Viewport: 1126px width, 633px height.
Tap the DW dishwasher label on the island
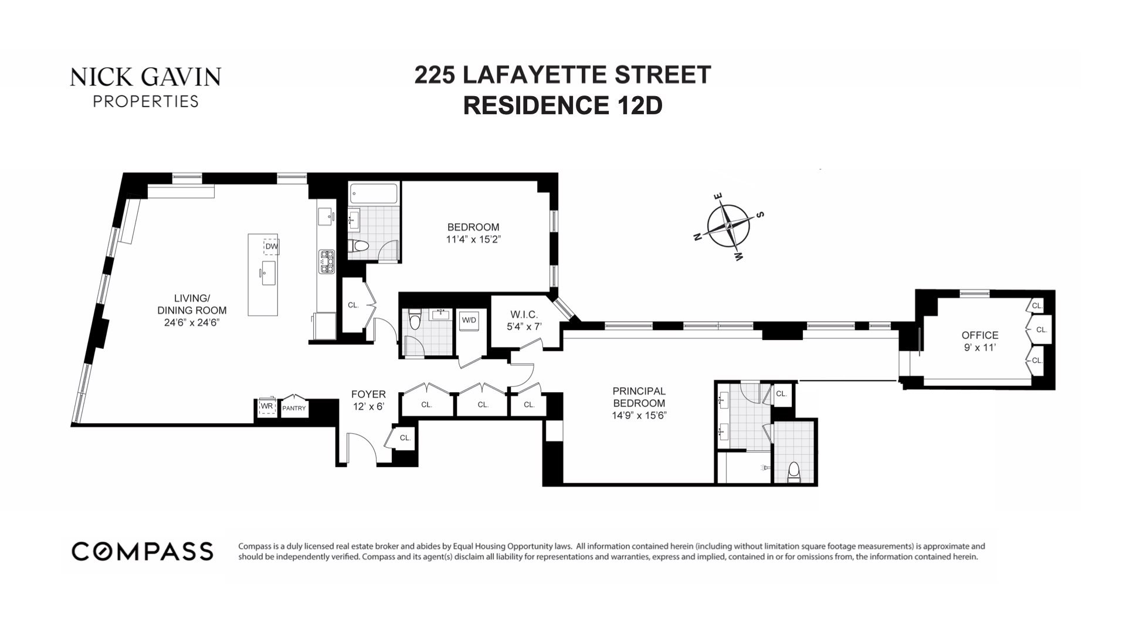coord(271,246)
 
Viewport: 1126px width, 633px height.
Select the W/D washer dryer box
coord(469,320)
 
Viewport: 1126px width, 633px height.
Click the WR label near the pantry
coord(267,406)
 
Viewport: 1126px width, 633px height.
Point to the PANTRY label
coord(294,408)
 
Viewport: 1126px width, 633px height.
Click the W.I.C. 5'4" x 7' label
coord(524,321)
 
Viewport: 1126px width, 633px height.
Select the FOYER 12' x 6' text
coord(368,400)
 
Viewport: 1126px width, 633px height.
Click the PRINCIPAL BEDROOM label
coord(639,397)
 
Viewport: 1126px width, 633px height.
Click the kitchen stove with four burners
coord(326,261)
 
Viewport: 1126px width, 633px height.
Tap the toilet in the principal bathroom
coord(794,471)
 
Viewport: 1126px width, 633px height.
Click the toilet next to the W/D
coord(415,320)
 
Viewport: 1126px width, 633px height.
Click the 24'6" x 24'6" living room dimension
coord(192,322)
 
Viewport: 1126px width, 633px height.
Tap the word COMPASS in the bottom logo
coord(142,552)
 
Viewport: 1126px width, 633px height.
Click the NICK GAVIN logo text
coord(145,77)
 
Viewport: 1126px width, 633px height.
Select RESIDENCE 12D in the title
coord(562,105)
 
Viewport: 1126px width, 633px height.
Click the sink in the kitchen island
coord(269,273)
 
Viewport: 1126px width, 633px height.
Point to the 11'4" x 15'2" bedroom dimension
coord(473,239)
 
